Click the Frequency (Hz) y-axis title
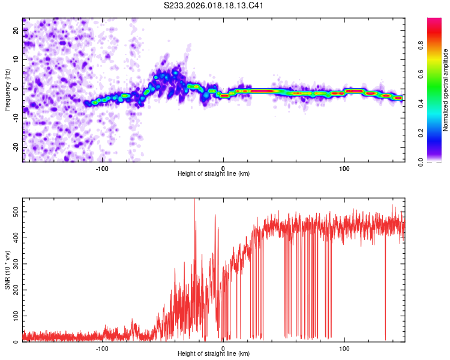click(7, 90)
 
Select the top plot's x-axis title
click(214, 173)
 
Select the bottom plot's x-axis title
click(214, 353)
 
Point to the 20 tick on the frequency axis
click(16, 30)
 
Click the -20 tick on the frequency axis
click(14, 147)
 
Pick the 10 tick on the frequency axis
click(16, 59)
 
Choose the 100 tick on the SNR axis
click(14, 315)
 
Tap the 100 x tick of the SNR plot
click(344, 347)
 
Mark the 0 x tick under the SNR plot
click(223, 347)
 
